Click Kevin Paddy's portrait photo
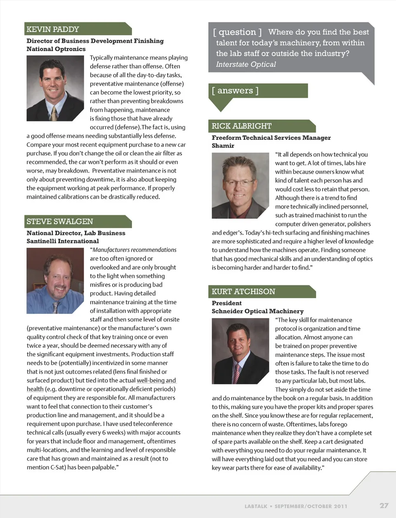(x=55, y=88)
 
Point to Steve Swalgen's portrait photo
(x=55, y=280)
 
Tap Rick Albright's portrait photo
(x=240, y=185)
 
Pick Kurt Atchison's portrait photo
(x=240, y=351)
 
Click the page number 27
(x=384, y=505)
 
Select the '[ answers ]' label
(x=235, y=91)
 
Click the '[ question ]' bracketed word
(x=237, y=32)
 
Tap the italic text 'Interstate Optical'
(x=246, y=64)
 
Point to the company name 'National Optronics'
(x=56, y=49)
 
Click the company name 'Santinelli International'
(x=63, y=241)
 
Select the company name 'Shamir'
(x=223, y=146)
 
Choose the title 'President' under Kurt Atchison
(x=226, y=303)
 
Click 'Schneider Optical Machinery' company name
(x=257, y=311)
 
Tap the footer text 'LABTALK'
(x=256, y=506)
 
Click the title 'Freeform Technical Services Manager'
(x=271, y=138)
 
